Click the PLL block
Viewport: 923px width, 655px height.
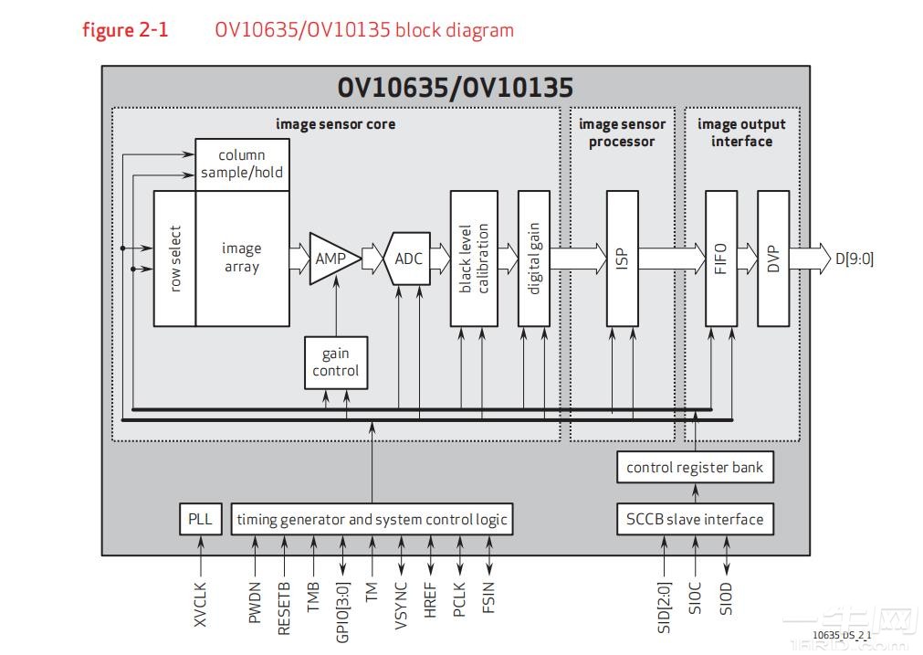point(199,519)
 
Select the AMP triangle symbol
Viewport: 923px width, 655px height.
point(330,259)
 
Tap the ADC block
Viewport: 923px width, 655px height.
point(408,259)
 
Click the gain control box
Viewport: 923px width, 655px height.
point(335,362)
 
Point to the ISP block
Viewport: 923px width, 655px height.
point(622,259)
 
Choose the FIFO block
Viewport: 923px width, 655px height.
point(720,259)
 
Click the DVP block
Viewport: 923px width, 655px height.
point(772,259)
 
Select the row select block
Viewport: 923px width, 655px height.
point(174,259)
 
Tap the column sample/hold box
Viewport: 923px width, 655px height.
point(242,164)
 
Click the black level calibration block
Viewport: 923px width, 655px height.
point(473,259)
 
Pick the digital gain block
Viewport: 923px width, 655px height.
point(533,259)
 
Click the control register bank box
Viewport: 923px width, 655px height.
point(695,468)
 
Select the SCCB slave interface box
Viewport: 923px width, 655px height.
point(695,519)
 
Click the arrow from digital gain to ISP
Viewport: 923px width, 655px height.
point(577,259)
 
